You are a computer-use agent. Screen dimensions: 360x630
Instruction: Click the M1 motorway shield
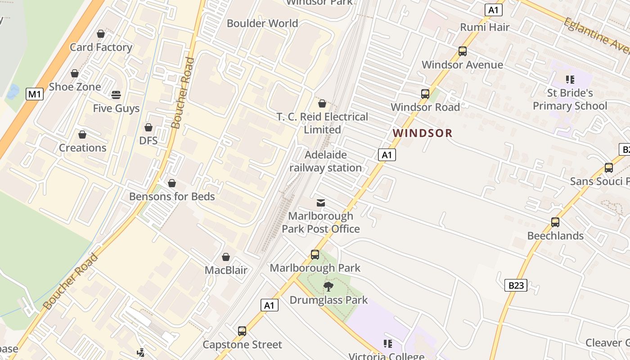(x=35, y=94)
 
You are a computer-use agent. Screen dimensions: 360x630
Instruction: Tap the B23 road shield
(x=516, y=285)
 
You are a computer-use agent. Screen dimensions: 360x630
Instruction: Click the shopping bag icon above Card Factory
(x=101, y=34)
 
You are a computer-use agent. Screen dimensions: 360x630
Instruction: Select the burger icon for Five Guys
(x=116, y=95)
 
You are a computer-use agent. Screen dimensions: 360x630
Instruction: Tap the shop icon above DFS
(x=148, y=127)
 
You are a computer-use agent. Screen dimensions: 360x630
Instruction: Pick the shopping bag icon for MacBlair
(x=226, y=257)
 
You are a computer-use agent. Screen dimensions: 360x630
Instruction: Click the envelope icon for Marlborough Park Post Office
(x=321, y=203)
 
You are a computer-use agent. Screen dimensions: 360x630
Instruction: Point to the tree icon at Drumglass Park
(x=328, y=287)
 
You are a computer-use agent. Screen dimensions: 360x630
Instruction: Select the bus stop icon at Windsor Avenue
(x=462, y=51)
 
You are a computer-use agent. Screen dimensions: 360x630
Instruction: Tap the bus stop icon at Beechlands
(x=555, y=222)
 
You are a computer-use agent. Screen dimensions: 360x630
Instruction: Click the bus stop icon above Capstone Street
(x=242, y=331)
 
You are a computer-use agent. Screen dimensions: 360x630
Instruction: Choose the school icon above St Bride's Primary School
(x=570, y=80)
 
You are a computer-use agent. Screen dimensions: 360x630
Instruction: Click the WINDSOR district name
(x=422, y=133)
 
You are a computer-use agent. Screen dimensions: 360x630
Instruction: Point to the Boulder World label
(x=262, y=23)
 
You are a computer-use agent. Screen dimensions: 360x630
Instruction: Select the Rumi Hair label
(x=485, y=27)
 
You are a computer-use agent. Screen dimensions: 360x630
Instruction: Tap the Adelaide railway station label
(x=325, y=161)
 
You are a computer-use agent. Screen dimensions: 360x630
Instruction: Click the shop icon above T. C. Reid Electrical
(x=322, y=103)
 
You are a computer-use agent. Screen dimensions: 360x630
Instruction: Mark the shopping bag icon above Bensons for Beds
(x=171, y=183)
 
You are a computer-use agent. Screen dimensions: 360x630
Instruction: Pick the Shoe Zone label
(x=75, y=87)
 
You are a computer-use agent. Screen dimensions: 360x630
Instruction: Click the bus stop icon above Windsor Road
(x=425, y=94)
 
